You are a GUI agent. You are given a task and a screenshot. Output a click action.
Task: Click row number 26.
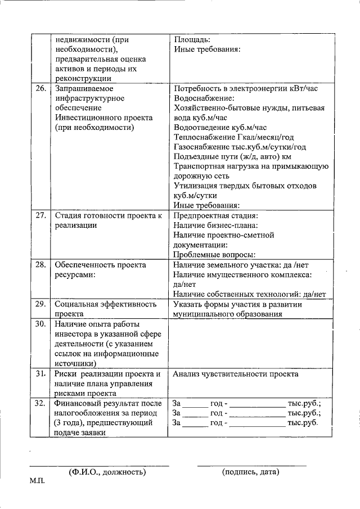coord(40,89)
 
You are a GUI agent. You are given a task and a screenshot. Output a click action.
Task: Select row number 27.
coord(40,215)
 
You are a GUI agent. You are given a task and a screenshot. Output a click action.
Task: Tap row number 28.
coord(40,264)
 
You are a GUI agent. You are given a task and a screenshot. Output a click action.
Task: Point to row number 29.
coord(40,304)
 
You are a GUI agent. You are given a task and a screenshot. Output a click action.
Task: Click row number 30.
coord(40,324)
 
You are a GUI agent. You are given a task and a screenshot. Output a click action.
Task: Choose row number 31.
coord(40,374)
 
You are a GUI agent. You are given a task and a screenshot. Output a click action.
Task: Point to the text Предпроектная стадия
coord(215,215)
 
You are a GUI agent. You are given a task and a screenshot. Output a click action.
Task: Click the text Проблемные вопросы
coord(214,255)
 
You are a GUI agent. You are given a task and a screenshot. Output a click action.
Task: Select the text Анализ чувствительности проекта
coord(236,374)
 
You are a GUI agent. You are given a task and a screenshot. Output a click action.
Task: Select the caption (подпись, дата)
coord(250,472)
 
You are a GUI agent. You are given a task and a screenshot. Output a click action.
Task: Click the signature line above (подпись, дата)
coord(251,465)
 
